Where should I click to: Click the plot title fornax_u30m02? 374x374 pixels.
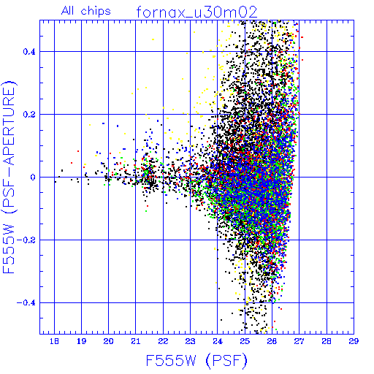point(196,12)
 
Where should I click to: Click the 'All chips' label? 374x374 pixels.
point(86,11)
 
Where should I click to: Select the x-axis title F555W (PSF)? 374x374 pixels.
point(196,361)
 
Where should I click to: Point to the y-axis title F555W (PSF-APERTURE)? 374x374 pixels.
point(9,177)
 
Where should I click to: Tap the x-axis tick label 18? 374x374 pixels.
point(54,341)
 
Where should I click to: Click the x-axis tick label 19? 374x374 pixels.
point(81,341)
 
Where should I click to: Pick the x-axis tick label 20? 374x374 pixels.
point(108,341)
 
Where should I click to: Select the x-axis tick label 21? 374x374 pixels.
point(136,341)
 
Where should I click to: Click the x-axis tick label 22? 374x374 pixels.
point(163,341)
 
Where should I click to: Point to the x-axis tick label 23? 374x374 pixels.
point(190,341)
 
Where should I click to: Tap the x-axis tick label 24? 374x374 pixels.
point(218,341)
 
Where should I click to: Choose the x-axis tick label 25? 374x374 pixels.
point(245,341)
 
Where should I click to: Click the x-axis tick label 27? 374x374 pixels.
point(299,341)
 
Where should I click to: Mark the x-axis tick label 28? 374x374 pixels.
point(327,341)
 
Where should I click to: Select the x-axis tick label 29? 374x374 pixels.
point(354,341)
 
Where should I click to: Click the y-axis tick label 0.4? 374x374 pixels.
point(29,52)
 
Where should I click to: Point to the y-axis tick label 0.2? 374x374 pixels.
point(29,115)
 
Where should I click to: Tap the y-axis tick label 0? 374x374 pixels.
point(33,178)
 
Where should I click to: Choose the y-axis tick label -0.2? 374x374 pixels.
point(26,240)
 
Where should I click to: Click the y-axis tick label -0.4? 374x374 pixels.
point(26,303)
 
